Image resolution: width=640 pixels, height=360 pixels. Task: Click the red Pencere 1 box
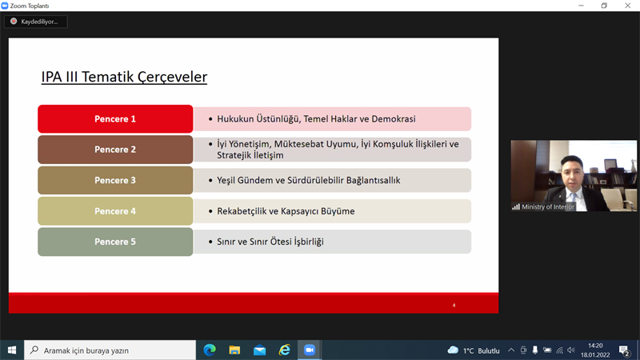pos(115,118)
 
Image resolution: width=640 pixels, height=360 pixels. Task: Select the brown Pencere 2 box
pos(115,150)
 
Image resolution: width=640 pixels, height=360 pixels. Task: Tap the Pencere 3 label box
pos(115,181)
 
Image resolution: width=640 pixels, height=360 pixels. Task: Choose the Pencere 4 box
pos(115,211)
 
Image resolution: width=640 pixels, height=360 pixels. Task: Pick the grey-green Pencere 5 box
pos(115,242)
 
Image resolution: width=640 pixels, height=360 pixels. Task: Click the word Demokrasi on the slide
pos(394,118)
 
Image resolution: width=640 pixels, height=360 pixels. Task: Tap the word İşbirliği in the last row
pos(309,242)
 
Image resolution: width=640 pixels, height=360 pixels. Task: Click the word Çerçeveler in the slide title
pos(172,77)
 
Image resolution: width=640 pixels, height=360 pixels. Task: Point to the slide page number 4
pos(454,306)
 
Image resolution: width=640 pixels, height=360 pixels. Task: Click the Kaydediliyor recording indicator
pos(36,22)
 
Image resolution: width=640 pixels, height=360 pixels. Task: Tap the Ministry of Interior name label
pos(548,207)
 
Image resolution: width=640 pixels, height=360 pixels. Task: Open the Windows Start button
pos(12,350)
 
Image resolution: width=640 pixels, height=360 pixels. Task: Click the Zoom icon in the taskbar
pos(310,350)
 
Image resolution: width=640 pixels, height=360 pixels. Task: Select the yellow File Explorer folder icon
pos(234,350)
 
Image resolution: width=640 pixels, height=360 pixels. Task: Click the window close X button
pos(628,6)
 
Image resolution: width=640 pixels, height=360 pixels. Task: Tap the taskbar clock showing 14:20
pos(595,346)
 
